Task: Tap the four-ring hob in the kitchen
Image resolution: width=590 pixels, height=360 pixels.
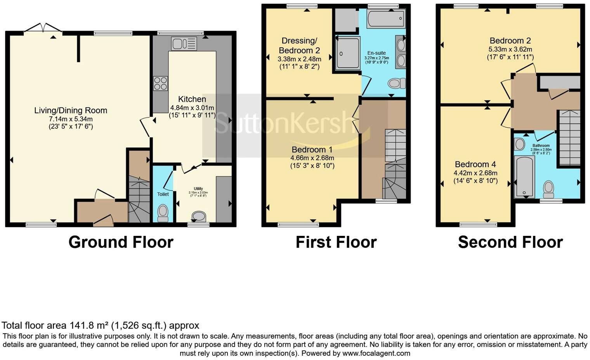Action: (161, 83)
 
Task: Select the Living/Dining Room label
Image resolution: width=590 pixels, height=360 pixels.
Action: (71, 111)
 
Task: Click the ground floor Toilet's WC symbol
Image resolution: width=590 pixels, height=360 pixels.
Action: (163, 213)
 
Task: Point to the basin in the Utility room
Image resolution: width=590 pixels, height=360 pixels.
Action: (199, 216)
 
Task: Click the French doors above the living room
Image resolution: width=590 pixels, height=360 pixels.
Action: (43, 28)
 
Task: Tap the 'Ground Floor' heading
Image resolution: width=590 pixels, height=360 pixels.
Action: (121, 242)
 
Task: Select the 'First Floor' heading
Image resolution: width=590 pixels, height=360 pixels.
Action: (336, 242)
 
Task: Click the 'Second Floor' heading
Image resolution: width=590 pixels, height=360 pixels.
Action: (510, 242)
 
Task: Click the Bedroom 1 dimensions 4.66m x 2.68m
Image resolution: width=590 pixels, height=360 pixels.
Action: (312, 158)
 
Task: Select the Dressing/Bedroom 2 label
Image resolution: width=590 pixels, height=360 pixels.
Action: (299, 45)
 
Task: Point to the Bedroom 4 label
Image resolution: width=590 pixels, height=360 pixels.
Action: (475, 164)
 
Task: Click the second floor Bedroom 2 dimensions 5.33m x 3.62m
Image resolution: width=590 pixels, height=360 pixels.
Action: (510, 49)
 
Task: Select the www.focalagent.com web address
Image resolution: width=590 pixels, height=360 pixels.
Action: (376, 353)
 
